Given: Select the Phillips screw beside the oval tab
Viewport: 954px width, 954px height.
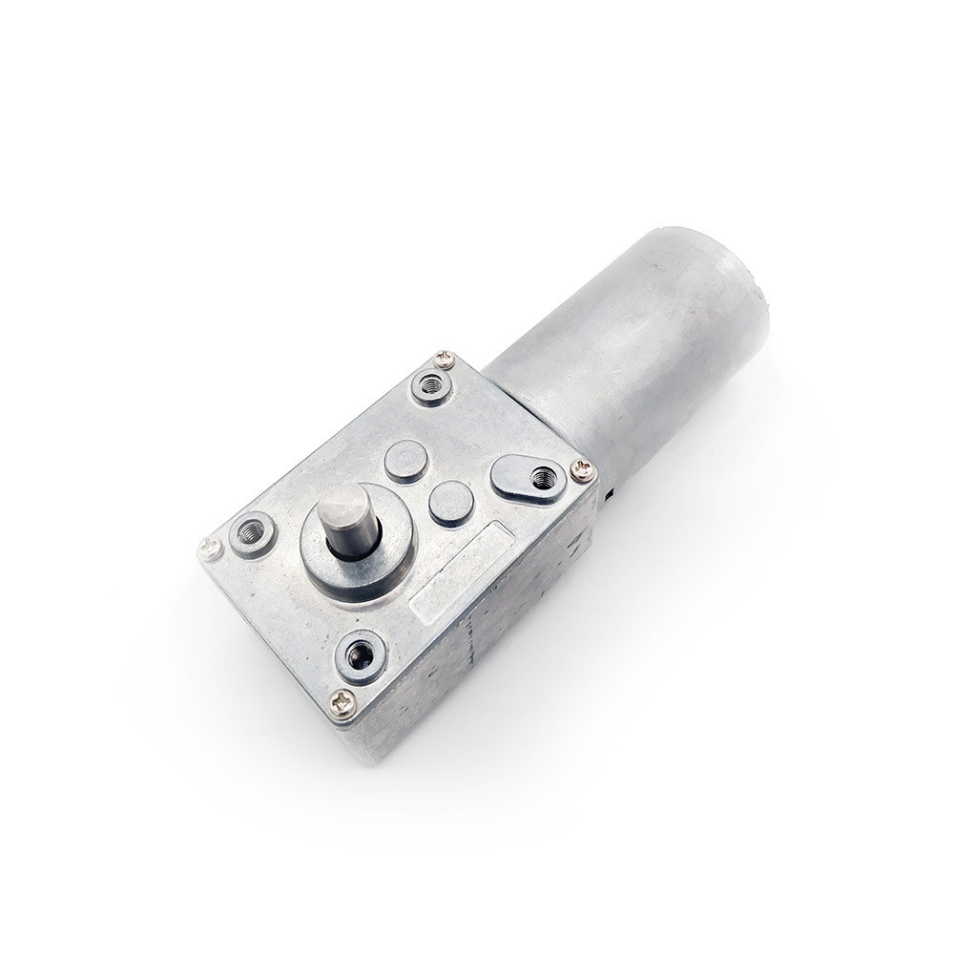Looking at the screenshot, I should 582,469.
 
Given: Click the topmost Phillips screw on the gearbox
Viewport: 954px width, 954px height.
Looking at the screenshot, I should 444,360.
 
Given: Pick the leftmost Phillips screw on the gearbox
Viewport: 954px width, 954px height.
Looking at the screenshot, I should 211,549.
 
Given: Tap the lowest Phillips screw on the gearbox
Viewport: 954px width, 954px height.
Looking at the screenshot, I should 342,704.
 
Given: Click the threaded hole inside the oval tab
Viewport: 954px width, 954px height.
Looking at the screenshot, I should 544,478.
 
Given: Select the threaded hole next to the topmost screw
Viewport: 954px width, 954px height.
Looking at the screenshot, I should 431,386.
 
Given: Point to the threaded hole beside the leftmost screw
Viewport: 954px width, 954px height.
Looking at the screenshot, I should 253,533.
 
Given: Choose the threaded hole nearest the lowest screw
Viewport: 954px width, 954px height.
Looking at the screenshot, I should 362,655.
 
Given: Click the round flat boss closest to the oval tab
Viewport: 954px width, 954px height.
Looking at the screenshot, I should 450,503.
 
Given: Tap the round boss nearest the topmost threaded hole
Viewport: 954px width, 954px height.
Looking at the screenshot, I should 406,461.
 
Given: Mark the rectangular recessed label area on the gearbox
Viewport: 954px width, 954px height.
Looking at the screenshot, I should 461,573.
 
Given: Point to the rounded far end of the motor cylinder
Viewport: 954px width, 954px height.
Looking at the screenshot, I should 735,286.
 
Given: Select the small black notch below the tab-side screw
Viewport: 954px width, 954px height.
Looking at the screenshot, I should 607,495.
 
